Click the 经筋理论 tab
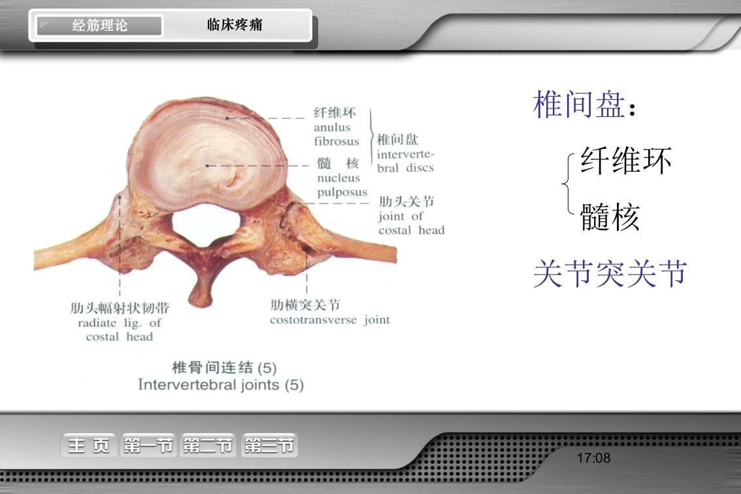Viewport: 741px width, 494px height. [x=99, y=26]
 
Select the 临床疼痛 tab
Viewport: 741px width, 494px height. [x=235, y=25]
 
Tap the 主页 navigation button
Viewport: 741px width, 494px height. [x=89, y=446]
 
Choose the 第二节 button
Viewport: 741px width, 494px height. [x=208, y=446]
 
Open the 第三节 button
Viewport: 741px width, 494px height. [x=269, y=446]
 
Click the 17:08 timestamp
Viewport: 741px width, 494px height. [x=593, y=458]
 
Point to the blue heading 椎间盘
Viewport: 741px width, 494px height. [x=579, y=105]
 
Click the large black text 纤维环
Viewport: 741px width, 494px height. [x=625, y=161]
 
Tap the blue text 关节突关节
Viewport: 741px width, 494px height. [x=610, y=273]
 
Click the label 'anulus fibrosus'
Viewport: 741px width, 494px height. [x=336, y=135]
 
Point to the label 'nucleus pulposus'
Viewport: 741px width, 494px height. [x=342, y=185]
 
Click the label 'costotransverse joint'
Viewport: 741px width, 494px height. [x=329, y=320]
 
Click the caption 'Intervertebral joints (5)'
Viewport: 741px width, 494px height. [x=221, y=385]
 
